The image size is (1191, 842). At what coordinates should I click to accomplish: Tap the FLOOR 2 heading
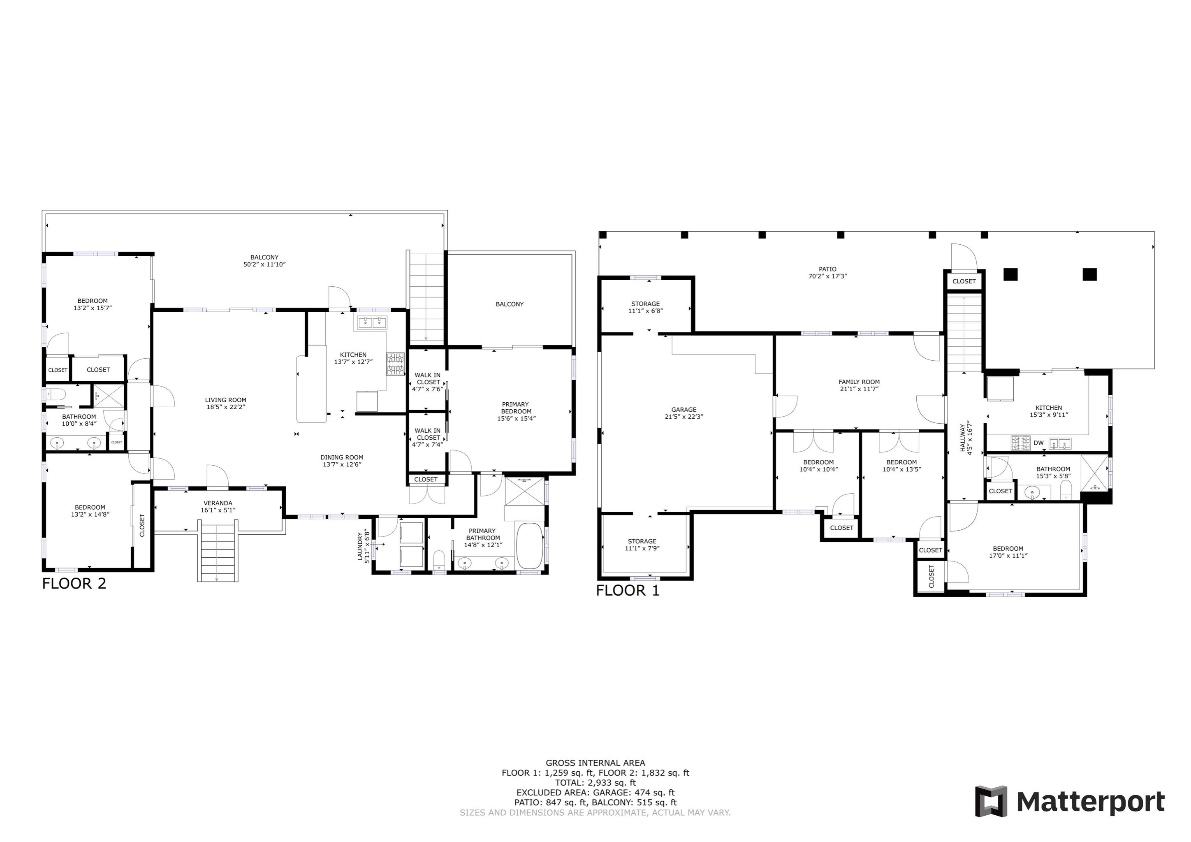tap(74, 584)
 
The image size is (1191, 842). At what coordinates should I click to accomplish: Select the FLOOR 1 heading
tap(628, 590)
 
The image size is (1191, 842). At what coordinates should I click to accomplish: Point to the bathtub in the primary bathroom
tap(529, 546)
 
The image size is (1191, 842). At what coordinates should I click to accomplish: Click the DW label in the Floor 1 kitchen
tap(1038, 443)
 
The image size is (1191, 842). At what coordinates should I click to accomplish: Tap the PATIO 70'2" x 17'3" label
tap(827, 273)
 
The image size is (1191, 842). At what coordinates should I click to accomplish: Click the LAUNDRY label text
tap(363, 546)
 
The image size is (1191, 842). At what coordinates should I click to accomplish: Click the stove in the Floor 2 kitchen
tap(395, 364)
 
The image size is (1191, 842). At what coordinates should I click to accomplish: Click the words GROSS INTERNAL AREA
tap(595, 763)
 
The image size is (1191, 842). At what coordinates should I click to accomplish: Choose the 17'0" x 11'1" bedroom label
tap(1008, 552)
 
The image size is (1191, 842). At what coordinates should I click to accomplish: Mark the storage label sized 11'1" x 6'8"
tap(646, 307)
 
